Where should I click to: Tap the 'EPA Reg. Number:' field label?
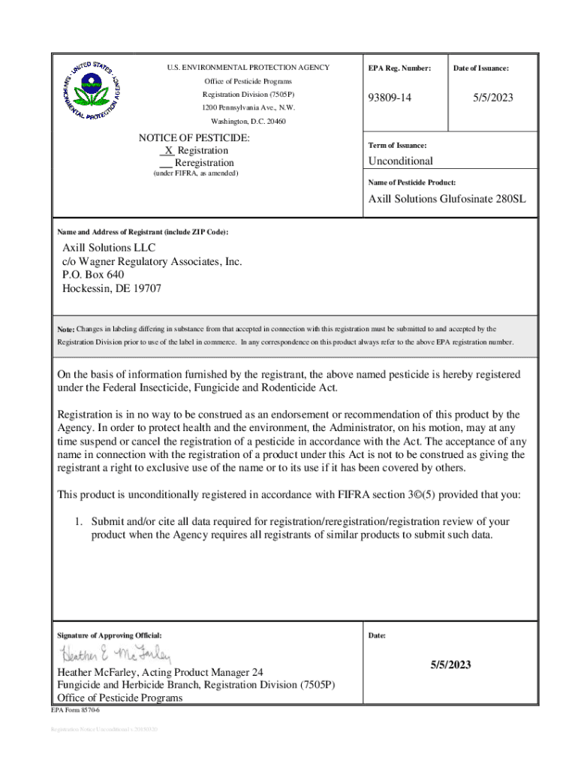coord(399,68)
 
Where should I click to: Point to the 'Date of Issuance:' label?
coord(481,68)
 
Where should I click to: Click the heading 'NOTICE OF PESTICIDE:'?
coord(194,138)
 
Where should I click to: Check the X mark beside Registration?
coord(169,150)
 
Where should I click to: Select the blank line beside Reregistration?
coord(167,163)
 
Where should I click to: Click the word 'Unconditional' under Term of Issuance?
coord(400,161)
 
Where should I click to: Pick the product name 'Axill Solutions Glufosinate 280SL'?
coord(447,200)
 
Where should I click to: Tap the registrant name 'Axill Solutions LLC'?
coord(109,248)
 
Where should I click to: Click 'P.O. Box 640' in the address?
coord(93,275)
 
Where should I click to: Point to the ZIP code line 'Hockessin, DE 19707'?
coord(112,288)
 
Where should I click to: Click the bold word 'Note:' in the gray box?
coord(66,330)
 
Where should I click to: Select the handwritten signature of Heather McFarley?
coord(116,654)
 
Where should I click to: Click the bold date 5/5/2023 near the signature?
coord(450,665)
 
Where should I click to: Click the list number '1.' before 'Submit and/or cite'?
coord(77,521)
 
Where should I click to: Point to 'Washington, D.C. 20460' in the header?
coord(248,121)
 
